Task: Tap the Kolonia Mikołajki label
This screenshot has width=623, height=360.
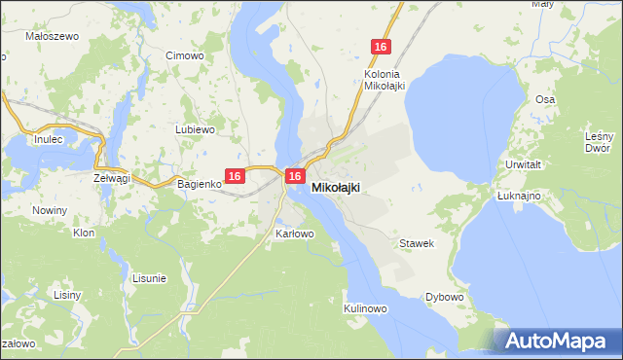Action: (384, 79)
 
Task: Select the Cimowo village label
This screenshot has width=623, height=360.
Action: (185, 55)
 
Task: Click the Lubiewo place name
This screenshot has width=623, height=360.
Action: (194, 129)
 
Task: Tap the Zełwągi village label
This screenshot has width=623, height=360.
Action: (112, 179)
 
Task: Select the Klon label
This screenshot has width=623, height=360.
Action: (84, 234)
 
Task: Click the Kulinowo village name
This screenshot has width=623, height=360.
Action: (366, 308)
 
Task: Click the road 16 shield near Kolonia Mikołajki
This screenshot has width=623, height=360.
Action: (381, 47)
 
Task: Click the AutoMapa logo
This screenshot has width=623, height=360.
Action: (556, 340)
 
